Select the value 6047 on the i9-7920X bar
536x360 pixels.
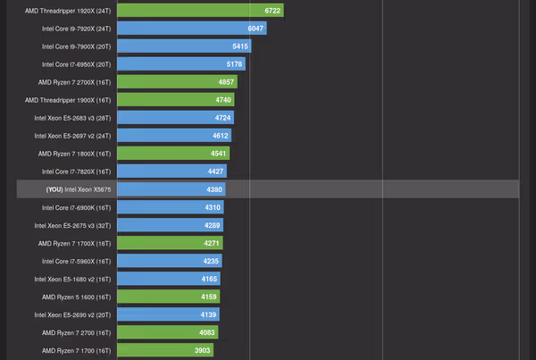[253, 29]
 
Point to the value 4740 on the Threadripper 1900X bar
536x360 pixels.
[223, 100]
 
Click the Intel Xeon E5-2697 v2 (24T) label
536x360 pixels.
[72, 136]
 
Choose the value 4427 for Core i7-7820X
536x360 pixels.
[214, 172]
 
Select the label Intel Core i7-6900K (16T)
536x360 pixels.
[76, 207]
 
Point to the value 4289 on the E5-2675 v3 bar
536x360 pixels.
[211, 225]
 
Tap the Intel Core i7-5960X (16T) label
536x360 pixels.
[76, 261]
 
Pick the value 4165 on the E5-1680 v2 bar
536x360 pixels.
[208, 279]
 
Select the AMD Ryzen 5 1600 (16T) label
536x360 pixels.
[76, 297]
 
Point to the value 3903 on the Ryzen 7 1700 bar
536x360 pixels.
[202, 350]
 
